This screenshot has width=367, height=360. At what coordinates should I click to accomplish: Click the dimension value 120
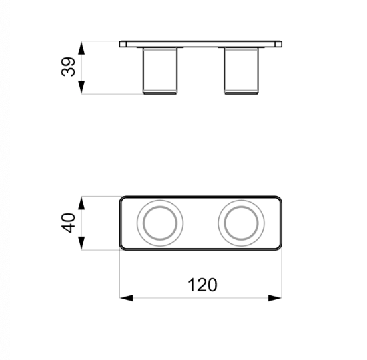(202, 285)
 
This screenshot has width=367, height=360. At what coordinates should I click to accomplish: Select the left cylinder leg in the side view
(160, 70)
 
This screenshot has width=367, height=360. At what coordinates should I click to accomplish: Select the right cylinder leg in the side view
(240, 70)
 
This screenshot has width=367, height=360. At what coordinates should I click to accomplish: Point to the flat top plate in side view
(200, 45)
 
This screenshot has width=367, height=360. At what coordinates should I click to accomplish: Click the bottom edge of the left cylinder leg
(160, 93)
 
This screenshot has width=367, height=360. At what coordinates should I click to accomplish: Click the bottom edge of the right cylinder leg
(240, 93)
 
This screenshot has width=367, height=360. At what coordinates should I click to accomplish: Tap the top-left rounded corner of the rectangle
(123, 199)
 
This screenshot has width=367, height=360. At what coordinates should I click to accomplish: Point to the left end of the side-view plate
(121, 45)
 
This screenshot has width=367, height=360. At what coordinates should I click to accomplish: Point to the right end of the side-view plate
(279, 45)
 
